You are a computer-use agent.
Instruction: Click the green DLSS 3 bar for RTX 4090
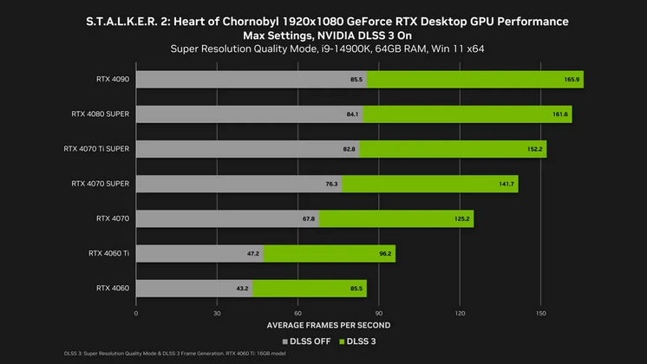475,80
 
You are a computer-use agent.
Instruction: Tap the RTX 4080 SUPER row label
101,114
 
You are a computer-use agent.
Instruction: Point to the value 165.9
572,80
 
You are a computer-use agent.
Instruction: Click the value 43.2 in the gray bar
242,288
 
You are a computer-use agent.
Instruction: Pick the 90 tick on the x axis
379,313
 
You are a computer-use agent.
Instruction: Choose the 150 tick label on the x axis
540,313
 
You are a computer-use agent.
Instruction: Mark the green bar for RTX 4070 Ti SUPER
453,149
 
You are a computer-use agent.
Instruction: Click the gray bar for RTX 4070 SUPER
239,184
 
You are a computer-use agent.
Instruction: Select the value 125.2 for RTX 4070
461,218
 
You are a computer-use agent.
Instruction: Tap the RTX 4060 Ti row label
108,253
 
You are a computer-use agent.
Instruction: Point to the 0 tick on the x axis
136,313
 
